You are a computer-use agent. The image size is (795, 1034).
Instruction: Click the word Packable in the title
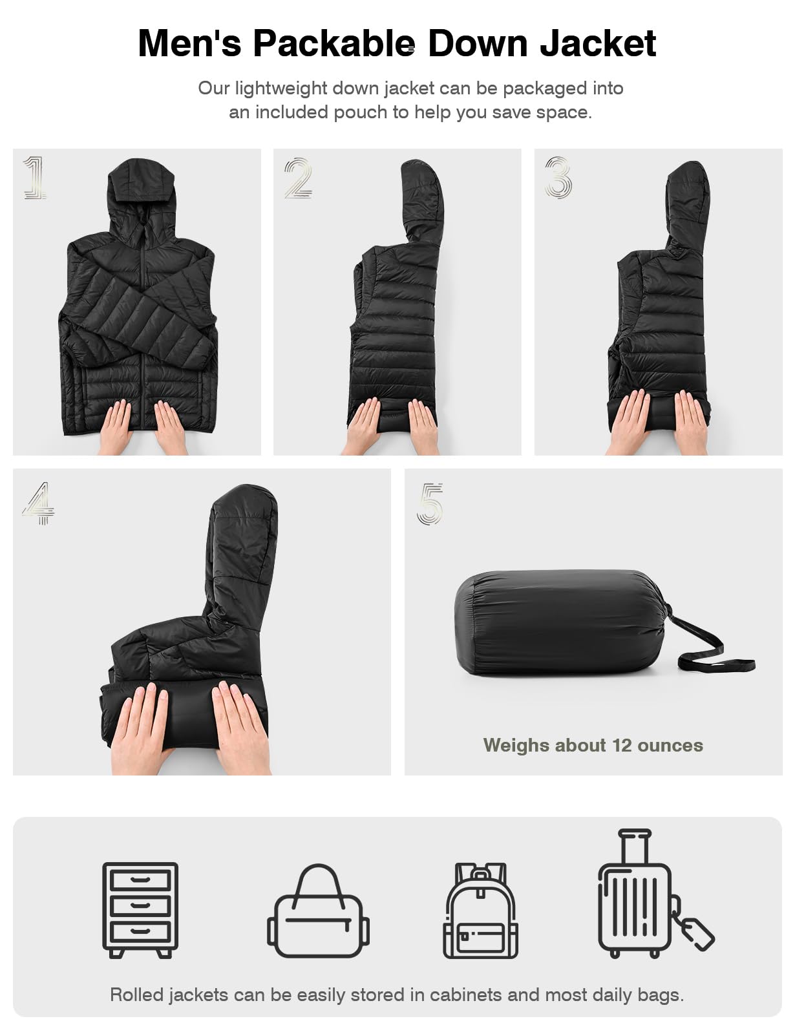pyautogui.click(x=334, y=44)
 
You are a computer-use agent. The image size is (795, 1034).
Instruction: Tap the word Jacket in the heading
pyautogui.click(x=598, y=44)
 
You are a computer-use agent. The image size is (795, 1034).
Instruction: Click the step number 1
pyautogui.click(x=34, y=177)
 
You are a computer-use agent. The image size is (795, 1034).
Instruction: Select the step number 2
pyautogui.click(x=298, y=178)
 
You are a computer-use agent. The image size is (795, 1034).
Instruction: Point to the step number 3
pyautogui.click(x=558, y=177)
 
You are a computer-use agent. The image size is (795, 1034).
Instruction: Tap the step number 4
pyautogui.click(x=38, y=503)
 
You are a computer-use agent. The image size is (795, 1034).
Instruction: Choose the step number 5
pyautogui.click(x=430, y=504)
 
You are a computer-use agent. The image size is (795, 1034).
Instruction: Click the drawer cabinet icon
pyautogui.click(x=140, y=910)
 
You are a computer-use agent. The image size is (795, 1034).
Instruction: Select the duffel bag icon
pyautogui.click(x=318, y=911)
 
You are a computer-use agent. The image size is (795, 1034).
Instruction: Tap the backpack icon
pyautogui.click(x=480, y=911)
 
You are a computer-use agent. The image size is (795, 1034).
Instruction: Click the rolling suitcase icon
pyautogui.click(x=635, y=894)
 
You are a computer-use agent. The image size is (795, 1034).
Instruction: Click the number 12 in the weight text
pyautogui.click(x=622, y=745)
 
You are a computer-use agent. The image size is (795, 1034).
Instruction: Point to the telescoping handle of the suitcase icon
pyautogui.click(x=635, y=849)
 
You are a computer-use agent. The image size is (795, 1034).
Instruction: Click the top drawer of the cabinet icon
pyautogui.click(x=140, y=880)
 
